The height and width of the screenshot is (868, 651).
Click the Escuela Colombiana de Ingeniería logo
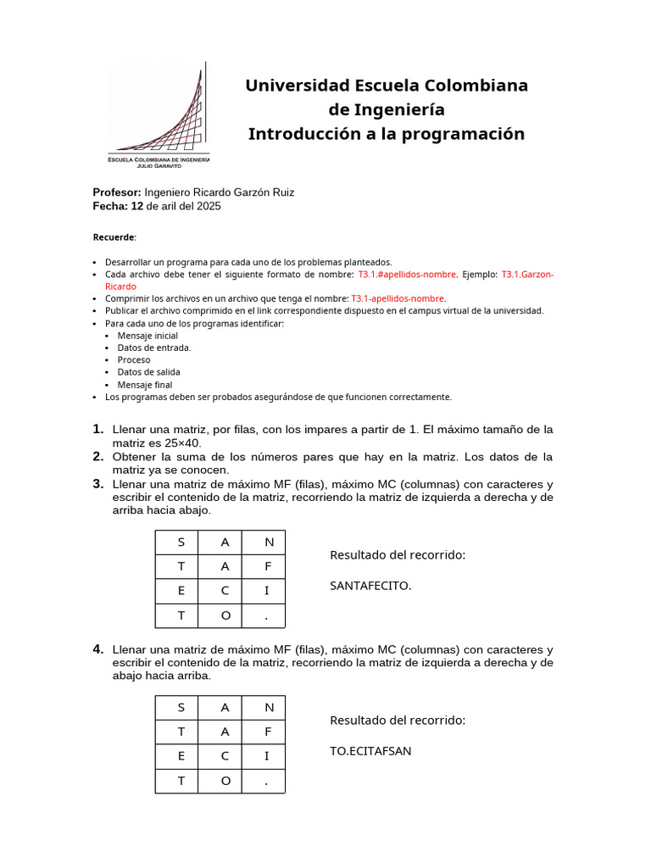pyautogui.click(x=158, y=114)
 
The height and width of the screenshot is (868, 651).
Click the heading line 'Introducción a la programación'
pyautogui.click(x=386, y=134)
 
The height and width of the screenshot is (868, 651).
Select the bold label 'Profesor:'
pyautogui.click(x=117, y=192)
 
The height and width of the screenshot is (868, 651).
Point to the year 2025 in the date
pyautogui.click(x=209, y=206)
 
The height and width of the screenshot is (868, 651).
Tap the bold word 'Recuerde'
pyautogui.click(x=113, y=237)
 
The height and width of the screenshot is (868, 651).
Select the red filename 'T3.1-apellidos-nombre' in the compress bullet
pyautogui.click(x=398, y=298)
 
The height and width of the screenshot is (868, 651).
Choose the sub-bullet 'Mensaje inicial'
pyautogui.click(x=147, y=336)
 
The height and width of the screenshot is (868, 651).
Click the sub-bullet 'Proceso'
pyautogui.click(x=134, y=359)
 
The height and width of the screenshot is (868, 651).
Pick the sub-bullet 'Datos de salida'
pyautogui.click(x=148, y=372)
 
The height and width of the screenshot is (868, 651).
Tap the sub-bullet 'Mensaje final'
pyautogui.click(x=145, y=385)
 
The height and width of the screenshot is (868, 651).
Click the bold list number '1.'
pyautogui.click(x=98, y=429)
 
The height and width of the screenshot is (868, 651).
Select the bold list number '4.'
pyautogui.click(x=98, y=649)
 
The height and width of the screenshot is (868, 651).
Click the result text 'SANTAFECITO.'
pyautogui.click(x=370, y=585)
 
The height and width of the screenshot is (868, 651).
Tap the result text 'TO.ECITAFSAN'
pyautogui.click(x=370, y=750)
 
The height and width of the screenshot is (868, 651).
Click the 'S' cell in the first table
pyautogui.click(x=181, y=542)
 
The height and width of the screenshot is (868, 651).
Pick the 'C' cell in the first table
pyautogui.click(x=225, y=591)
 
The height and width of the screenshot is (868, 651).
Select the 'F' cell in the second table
pyautogui.click(x=268, y=732)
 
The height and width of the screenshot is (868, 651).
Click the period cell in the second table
pyautogui.click(x=268, y=782)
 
